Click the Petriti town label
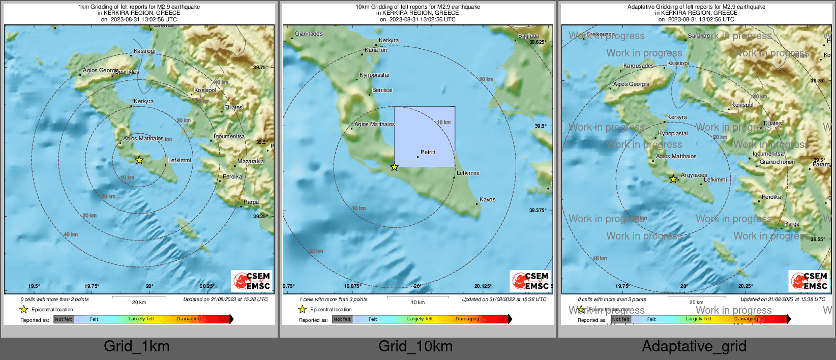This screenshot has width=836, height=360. (x=428, y=152)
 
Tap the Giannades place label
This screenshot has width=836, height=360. (x=309, y=34)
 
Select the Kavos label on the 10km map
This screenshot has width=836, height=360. (x=487, y=199)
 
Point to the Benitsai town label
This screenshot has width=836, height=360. (x=382, y=90)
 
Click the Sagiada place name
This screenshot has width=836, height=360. (x=528, y=36)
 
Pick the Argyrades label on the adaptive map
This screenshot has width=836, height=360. (x=694, y=175)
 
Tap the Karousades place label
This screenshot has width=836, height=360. (x=639, y=66)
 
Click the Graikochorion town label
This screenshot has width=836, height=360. (x=777, y=162)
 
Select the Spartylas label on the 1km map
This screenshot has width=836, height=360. (x=127, y=72)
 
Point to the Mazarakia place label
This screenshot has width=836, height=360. (x=251, y=161)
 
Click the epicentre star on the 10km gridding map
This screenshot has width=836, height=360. (x=394, y=167)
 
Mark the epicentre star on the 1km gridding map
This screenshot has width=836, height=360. (x=139, y=160)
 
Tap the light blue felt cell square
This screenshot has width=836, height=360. (x=425, y=136)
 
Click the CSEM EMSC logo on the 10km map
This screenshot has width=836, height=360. (x=530, y=281)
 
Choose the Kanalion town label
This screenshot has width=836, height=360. (x=376, y=50)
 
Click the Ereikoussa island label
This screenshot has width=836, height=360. (x=601, y=34)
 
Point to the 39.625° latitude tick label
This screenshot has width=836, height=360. (x=537, y=42)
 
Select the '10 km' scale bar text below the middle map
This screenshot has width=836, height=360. (x=417, y=303)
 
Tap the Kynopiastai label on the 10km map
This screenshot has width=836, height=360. (x=374, y=75)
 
